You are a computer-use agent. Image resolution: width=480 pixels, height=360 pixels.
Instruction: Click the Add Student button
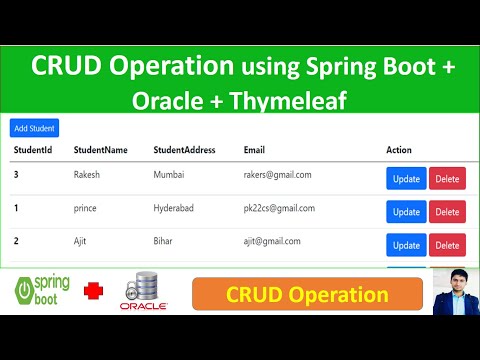point(34,128)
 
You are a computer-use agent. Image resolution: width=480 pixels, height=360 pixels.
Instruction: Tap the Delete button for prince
point(447,212)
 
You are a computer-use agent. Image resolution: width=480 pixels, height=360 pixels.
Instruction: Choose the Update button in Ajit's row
point(406,245)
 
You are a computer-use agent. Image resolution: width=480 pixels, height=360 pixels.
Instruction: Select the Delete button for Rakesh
point(447,179)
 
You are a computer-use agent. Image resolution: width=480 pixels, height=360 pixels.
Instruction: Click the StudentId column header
point(32,150)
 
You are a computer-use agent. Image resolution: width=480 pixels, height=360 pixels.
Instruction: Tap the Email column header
point(254,150)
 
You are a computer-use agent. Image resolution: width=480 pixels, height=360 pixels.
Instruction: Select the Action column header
point(399,150)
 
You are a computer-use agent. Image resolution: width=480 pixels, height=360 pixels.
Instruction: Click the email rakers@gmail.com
point(277,175)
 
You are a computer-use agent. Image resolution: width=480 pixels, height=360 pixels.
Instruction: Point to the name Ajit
point(83,241)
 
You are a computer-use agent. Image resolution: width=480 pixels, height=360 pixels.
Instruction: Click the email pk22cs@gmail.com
point(279,208)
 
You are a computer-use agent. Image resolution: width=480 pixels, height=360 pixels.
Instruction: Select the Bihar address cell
point(164,241)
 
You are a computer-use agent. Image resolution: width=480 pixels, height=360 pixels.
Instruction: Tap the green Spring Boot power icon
point(26,293)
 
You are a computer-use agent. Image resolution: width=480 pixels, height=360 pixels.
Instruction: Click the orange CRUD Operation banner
point(307,295)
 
